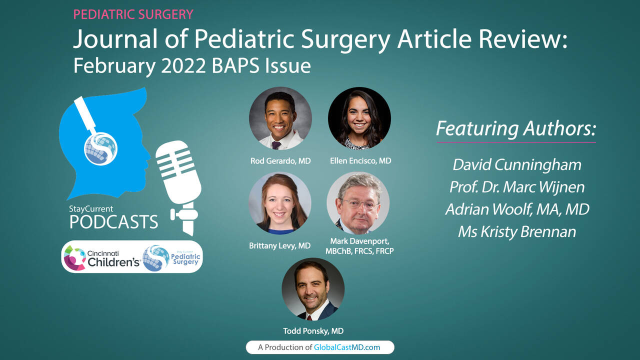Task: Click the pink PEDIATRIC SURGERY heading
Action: click(133, 14)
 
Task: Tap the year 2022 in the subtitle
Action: click(183, 66)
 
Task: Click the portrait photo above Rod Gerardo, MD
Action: click(280, 118)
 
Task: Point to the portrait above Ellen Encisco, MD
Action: click(359, 118)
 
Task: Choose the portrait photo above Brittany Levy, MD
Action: click(280, 203)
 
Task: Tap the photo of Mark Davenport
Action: click(358, 203)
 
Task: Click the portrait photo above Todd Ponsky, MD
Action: click(313, 289)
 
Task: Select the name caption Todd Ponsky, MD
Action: click(313, 331)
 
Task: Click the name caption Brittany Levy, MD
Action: click(279, 245)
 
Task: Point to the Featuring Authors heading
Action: click(516, 128)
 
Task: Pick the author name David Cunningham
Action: click(517, 165)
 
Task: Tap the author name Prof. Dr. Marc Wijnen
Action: click(517, 187)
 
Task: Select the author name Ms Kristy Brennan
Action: click(517, 231)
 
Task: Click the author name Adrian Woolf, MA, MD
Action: click(517, 209)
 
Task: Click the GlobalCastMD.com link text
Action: click(347, 347)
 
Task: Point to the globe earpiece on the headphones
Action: click(100, 149)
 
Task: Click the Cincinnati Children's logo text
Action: click(113, 258)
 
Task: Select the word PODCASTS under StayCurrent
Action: click(113, 222)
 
